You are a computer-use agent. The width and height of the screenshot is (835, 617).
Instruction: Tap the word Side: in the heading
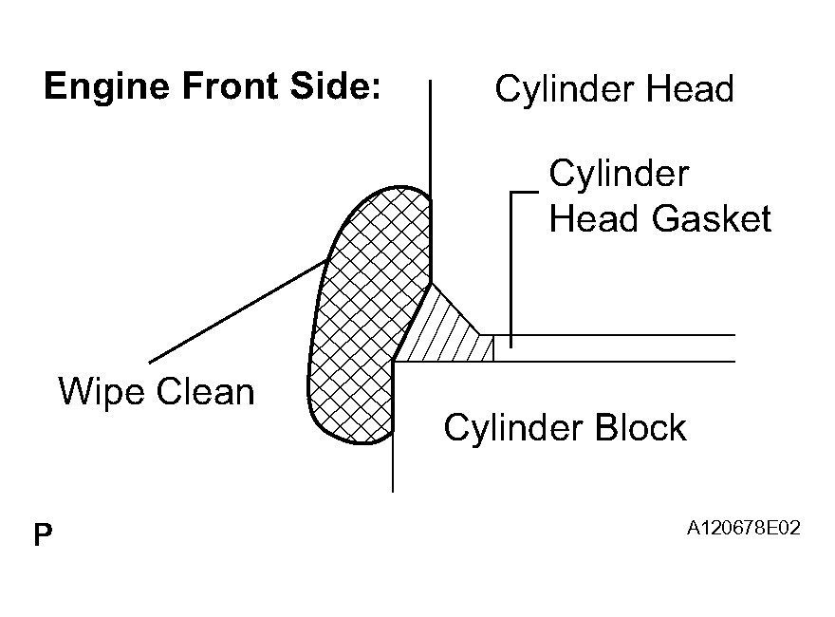(x=336, y=85)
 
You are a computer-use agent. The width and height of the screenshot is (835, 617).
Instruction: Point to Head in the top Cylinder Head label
(x=690, y=88)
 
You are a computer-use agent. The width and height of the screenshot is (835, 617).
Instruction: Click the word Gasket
(x=711, y=218)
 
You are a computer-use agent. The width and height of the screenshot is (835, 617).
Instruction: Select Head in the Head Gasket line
(x=593, y=218)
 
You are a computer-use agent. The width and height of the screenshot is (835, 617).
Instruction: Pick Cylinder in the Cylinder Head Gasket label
(x=620, y=176)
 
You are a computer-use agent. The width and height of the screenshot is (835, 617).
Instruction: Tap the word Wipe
(x=102, y=393)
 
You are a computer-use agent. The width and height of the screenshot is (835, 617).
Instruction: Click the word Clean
(x=206, y=392)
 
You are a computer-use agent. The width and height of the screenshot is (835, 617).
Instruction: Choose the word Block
(x=640, y=427)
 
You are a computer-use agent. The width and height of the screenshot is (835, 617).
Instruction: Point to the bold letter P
(x=43, y=534)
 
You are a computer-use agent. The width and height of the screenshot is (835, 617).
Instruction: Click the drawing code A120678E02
(x=743, y=528)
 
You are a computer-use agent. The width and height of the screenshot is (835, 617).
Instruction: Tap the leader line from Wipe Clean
(x=237, y=311)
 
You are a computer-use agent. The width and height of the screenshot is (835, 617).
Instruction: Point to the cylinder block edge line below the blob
(x=393, y=463)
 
